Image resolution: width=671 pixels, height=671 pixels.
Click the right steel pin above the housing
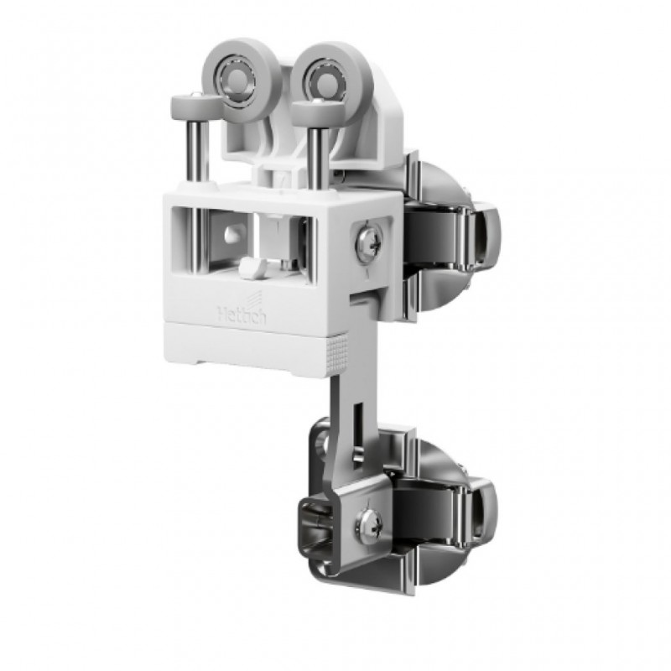(316, 155)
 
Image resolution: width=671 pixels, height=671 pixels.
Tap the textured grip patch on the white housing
(339, 353)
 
